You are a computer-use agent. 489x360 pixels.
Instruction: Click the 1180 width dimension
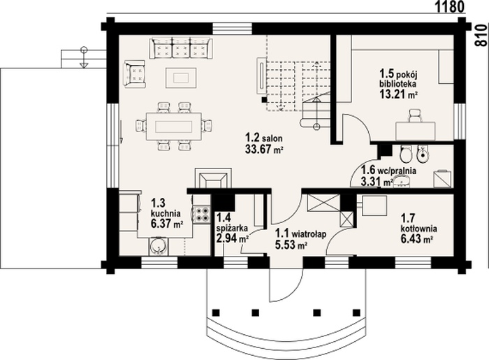click(450, 6)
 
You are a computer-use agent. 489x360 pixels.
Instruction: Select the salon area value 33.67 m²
click(264, 149)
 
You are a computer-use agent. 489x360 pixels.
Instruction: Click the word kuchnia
click(166, 214)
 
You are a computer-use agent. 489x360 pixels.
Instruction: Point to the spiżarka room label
click(233, 228)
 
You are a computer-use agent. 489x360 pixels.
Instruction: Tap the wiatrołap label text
click(309, 233)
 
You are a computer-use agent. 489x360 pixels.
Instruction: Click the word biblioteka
click(398, 84)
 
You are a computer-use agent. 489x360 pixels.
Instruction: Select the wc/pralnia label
click(397, 171)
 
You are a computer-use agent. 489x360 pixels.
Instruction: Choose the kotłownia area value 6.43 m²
click(416, 238)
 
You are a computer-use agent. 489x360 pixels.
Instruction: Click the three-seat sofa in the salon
click(181, 48)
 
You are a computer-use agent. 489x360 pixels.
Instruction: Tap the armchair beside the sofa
click(135, 74)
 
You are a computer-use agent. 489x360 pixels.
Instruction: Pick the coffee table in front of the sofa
click(181, 78)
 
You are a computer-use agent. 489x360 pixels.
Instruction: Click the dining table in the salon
click(173, 127)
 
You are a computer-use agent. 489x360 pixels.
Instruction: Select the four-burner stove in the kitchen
click(201, 215)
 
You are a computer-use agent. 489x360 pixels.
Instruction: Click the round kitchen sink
click(157, 247)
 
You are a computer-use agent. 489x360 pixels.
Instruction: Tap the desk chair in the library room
click(415, 115)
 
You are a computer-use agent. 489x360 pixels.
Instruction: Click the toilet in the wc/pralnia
click(406, 154)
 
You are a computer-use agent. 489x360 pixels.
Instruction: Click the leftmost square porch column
click(216, 312)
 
